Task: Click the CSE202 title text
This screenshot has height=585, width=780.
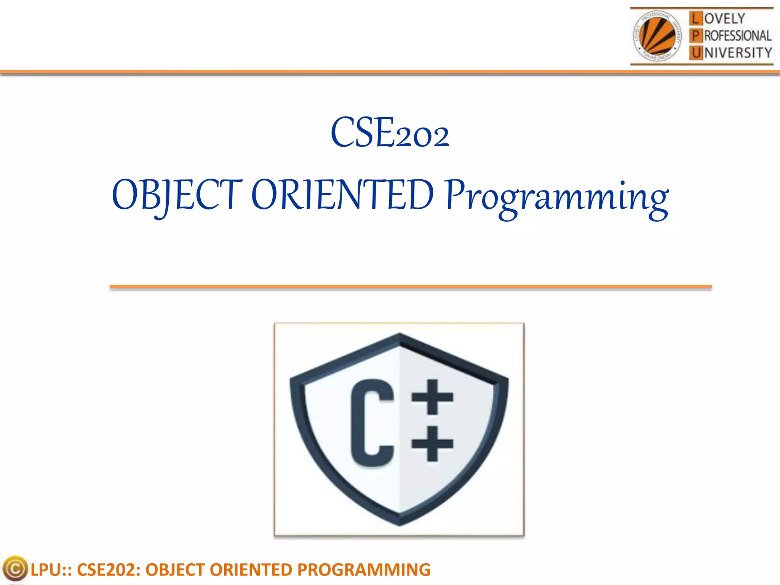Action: click(x=390, y=133)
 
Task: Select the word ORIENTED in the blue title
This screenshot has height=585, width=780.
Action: click(x=342, y=195)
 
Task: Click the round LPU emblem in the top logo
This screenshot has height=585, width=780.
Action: click(x=657, y=36)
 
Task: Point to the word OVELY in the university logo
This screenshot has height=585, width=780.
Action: click(x=724, y=18)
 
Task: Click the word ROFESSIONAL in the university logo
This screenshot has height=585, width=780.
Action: click(x=738, y=36)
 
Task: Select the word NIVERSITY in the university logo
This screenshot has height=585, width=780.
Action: click(x=738, y=53)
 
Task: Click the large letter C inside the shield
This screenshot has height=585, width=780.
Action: click(x=371, y=423)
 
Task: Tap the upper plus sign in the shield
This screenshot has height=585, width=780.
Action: click(x=432, y=397)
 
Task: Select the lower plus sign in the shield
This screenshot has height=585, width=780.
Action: click(x=432, y=444)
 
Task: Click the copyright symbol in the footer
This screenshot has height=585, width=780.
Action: click(x=15, y=569)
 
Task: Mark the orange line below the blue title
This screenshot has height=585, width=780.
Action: click(x=411, y=287)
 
